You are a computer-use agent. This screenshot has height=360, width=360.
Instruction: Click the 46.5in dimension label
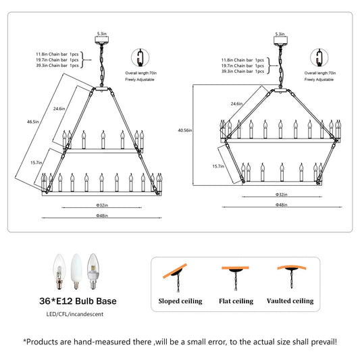33,122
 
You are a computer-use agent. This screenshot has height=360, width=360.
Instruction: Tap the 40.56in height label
185,130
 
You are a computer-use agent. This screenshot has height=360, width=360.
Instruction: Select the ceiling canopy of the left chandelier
102,40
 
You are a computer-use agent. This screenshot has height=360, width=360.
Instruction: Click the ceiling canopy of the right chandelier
280,41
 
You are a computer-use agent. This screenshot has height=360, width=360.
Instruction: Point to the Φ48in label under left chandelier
102,215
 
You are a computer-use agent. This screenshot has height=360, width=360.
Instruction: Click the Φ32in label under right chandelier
281,195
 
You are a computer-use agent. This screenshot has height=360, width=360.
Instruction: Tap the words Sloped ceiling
180,301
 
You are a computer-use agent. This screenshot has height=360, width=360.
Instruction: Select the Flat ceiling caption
236,301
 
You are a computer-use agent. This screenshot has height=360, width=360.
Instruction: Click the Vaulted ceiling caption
290,301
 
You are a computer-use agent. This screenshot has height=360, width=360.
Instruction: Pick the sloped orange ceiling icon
175,271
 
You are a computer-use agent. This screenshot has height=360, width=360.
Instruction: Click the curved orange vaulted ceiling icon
292,267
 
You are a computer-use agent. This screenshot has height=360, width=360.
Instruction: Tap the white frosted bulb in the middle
76,271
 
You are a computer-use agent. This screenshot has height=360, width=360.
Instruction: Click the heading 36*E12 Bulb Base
78,301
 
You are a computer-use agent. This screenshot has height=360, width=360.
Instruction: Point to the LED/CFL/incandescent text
75,314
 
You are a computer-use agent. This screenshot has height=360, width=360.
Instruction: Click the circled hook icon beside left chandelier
140,57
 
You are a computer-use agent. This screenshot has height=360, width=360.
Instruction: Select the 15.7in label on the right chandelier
218,166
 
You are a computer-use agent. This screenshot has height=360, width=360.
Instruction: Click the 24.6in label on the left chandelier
59,109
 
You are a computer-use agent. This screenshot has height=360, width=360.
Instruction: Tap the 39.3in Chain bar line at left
57,66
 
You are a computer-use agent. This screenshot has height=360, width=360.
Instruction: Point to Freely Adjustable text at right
319,80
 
